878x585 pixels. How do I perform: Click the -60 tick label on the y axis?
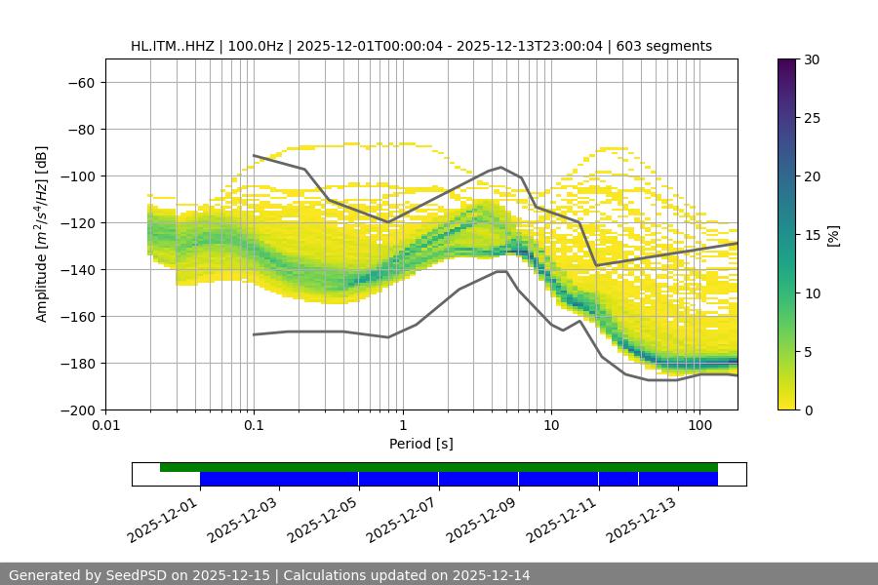pos(81,82)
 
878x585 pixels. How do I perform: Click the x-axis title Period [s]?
pos(421,444)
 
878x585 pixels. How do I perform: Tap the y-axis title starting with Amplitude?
pos(42,234)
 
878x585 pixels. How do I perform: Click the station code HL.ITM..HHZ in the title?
pos(180,46)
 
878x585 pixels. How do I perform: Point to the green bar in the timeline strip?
pos(439,467)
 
